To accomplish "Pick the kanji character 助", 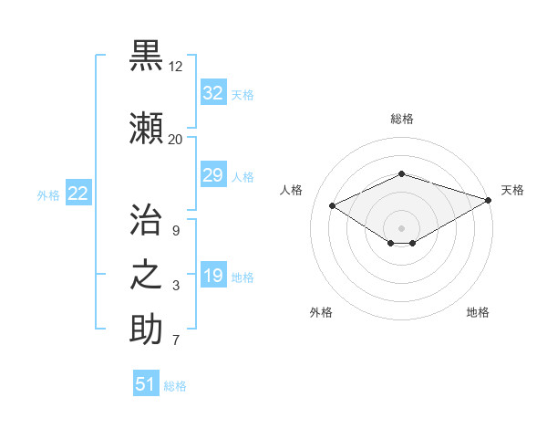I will coord(146,329).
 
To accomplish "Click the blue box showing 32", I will coord(213,93).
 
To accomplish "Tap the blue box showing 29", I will coord(213,175).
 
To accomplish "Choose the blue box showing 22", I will coord(78,194).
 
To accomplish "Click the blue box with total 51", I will coord(146,384).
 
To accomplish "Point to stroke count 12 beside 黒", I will coord(175,67).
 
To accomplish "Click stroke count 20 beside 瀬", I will coord(175,139).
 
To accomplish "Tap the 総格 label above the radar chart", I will coord(402,119).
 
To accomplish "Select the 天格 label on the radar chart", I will coord(512,190).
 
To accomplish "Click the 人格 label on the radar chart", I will coord(292,190).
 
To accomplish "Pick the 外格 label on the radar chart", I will coord(321,312).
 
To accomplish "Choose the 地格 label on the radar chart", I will coord(478,312).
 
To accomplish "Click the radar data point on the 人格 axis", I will coord(333,204).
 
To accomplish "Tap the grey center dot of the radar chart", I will coord(401,227).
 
